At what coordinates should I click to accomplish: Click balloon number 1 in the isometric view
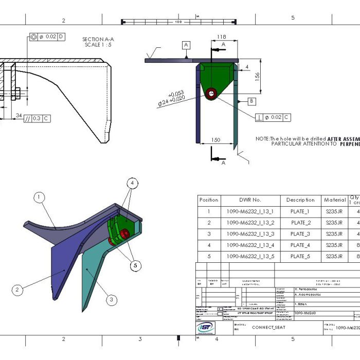[x=40, y=196]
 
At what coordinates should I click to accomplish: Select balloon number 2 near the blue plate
[x=17, y=290]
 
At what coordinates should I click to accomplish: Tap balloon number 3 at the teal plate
[x=112, y=299]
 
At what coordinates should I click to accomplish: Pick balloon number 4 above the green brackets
[x=132, y=183]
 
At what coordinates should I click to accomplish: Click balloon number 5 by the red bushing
[x=135, y=265]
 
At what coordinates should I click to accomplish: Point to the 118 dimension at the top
[x=222, y=37]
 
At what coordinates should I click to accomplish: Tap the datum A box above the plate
[x=186, y=45]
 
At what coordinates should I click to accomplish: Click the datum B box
[x=251, y=101]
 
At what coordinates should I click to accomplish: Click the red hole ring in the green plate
[x=211, y=94]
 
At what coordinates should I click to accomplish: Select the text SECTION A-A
[x=98, y=39]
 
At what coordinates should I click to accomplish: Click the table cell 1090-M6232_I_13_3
[x=250, y=234]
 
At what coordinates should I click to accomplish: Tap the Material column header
[x=335, y=200]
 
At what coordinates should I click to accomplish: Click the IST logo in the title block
[x=207, y=328]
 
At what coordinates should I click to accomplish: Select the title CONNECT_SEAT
[x=268, y=327]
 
